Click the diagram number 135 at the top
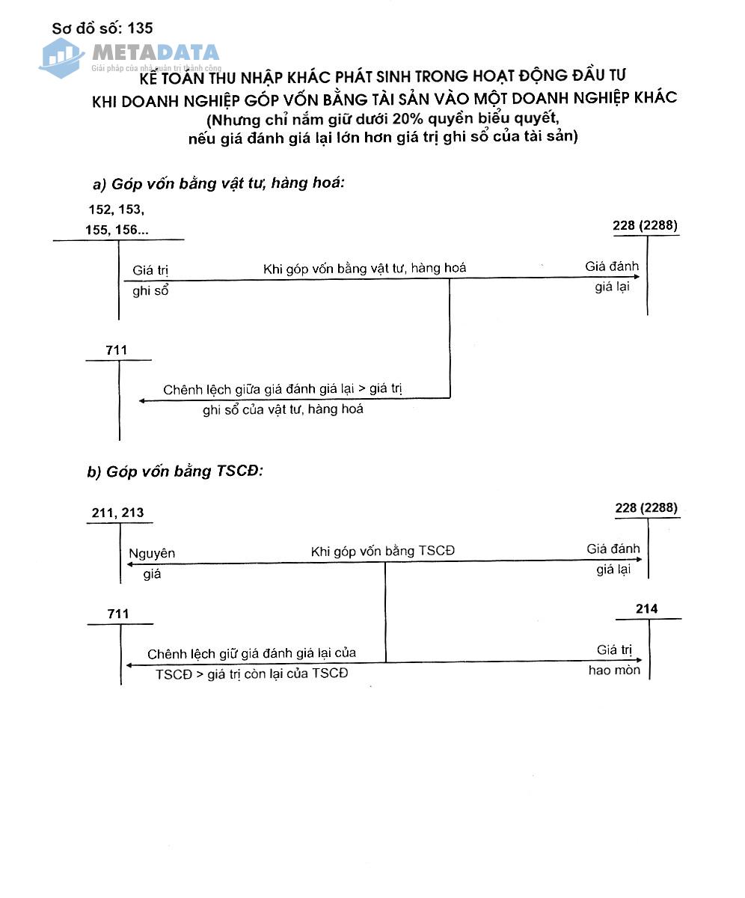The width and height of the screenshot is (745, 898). tap(141, 28)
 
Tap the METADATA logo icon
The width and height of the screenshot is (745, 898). tap(61, 57)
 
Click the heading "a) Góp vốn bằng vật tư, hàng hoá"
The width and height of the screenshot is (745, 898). tap(218, 183)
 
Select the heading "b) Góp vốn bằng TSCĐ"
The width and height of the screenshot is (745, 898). tap(177, 471)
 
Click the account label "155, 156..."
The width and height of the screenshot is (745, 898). tap(117, 230)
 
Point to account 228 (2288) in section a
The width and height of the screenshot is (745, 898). tap(646, 224)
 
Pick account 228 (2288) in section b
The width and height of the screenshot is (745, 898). tap(646, 508)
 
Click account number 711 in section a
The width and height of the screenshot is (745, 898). tap(117, 350)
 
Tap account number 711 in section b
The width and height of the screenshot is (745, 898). tap(118, 614)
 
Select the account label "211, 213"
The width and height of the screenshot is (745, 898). tap(117, 513)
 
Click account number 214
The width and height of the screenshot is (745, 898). tap(646, 609)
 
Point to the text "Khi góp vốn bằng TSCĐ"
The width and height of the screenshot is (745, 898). tap(382, 552)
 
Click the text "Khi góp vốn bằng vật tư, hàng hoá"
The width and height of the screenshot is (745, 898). tap(364, 268)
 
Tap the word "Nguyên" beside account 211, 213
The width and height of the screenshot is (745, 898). tap(152, 554)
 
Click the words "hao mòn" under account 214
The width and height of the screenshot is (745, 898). tap(613, 671)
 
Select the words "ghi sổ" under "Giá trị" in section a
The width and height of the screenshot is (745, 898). tap(150, 291)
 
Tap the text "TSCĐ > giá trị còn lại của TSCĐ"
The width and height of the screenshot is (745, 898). tap(251, 673)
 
